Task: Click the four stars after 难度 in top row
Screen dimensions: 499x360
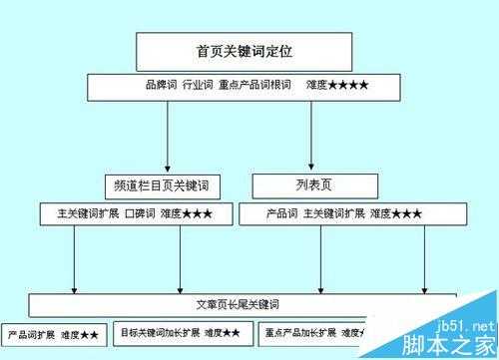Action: point(348,87)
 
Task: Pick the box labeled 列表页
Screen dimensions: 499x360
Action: point(314,185)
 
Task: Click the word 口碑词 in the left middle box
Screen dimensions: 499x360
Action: point(139,213)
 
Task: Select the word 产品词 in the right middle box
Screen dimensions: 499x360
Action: point(282,213)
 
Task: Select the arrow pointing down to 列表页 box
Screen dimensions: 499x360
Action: point(312,158)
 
